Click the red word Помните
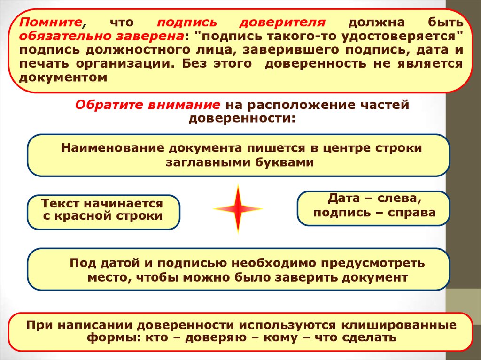click(x=51, y=23)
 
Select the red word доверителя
click(x=282, y=23)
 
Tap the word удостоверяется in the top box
click(x=399, y=37)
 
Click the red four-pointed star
click(x=238, y=209)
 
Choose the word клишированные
click(x=399, y=325)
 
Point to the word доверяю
click(x=216, y=338)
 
